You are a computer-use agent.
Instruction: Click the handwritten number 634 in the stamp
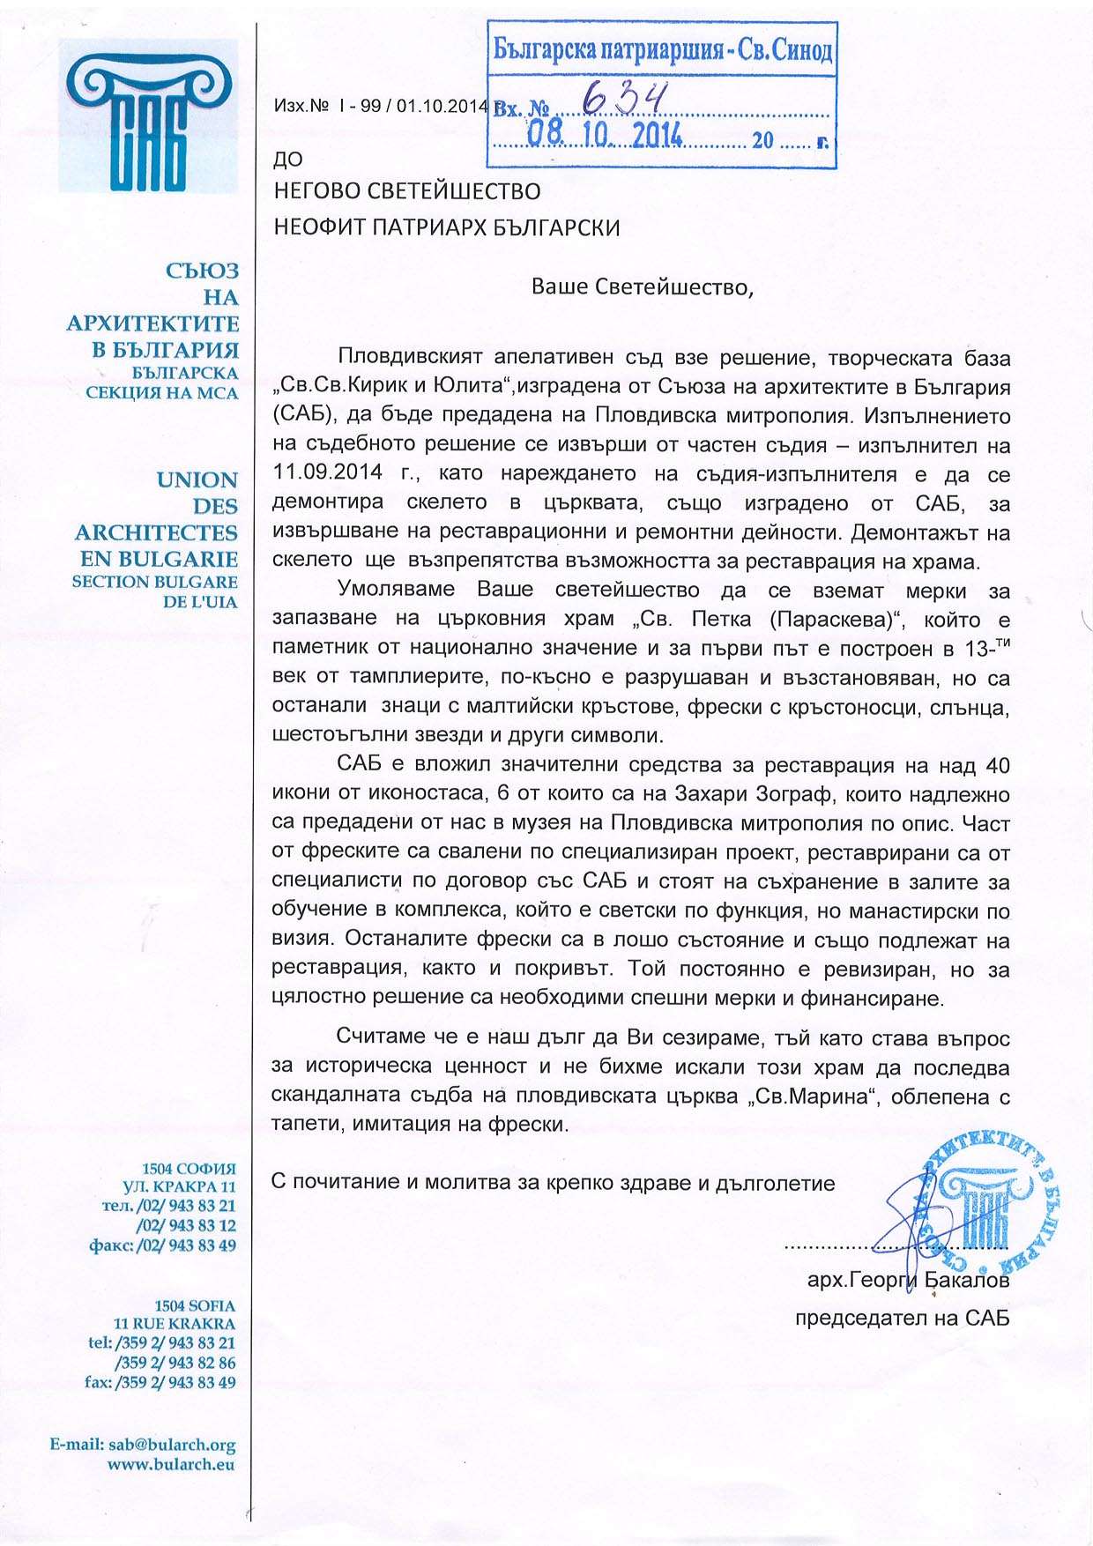click(x=624, y=100)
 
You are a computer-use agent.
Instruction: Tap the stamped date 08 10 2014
click(x=605, y=134)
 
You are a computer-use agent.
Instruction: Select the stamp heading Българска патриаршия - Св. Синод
click(x=662, y=49)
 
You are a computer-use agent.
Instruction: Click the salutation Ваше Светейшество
click(x=642, y=287)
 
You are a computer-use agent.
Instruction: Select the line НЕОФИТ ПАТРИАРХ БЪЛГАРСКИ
click(x=447, y=227)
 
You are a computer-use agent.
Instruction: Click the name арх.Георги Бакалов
click(x=908, y=1280)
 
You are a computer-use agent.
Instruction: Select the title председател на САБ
click(x=902, y=1319)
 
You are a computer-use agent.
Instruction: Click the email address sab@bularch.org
click(x=172, y=1445)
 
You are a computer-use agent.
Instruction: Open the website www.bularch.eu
click(x=171, y=1464)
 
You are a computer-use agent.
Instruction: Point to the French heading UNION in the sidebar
click(x=197, y=480)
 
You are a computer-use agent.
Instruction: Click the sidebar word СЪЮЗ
click(x=202, y=271)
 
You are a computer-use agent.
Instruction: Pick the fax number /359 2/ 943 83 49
click(x=175, y=1382)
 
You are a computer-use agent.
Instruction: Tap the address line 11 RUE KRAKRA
click(x=175, y=1324)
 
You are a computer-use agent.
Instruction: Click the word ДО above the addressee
click(x=288, y=160)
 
